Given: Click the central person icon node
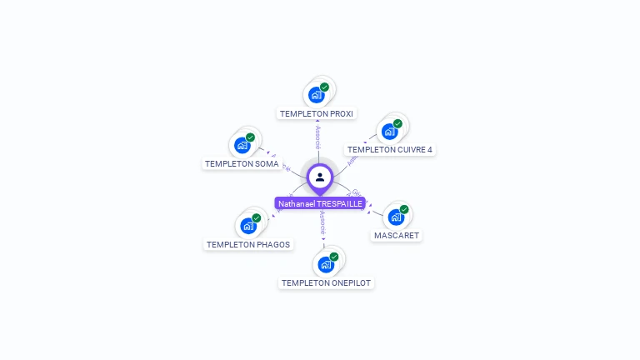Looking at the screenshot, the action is [x=320, y=177].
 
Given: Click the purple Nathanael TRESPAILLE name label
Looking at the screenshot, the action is [x=320, y=203].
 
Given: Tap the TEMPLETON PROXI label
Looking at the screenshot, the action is [x=317, y=113].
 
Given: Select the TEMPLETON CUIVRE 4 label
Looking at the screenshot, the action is [x=390, y=150].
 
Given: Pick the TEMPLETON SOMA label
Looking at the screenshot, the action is [x=242, y=164].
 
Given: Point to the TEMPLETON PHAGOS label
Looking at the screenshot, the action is [x=248, y=245].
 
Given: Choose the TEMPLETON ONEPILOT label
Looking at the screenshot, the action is [x=326, y=283].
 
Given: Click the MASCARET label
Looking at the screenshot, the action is [x=397, y=236].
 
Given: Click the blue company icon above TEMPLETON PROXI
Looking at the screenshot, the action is [x=316, y=94].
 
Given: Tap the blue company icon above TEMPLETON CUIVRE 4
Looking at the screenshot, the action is [x=389, y=131].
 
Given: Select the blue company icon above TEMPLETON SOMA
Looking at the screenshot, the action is [x=242, y=145].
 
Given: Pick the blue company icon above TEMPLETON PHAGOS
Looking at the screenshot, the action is [x=247, y=226].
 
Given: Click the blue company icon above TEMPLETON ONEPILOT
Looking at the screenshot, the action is [x=325, y=264].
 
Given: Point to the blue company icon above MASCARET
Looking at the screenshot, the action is [x=396, y=217].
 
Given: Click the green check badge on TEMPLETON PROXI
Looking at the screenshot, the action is [x=324, y=87].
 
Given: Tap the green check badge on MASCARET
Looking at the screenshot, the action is [x=404, y=209].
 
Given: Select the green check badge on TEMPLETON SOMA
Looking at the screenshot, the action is [x=250, y=137].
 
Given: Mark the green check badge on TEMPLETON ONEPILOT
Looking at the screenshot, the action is [x=333, y=257].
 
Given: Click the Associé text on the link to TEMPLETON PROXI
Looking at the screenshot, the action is [x=317, y=137].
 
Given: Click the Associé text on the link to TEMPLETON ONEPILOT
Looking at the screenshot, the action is [x=322, y=222].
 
